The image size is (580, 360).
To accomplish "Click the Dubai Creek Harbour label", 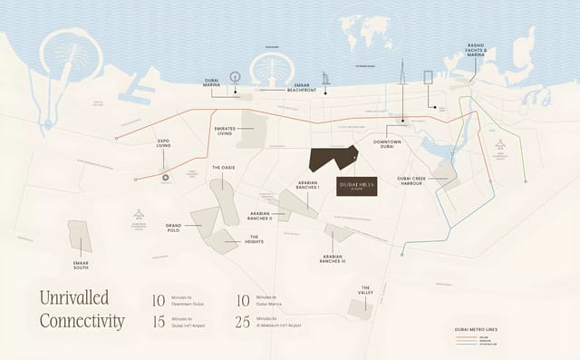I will coord(419,180).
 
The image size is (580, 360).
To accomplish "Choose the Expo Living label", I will coord(164,144).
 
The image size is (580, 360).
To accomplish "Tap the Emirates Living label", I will coord(222,132).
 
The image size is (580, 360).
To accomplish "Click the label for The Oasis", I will coord(224,168).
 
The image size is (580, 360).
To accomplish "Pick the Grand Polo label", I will coord(173,226).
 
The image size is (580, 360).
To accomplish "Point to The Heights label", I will coord(255,241).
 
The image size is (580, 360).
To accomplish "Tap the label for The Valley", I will coord(365,292).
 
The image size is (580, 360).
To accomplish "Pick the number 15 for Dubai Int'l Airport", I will coord(159,321).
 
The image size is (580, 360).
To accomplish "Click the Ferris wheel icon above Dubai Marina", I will coord(235,77).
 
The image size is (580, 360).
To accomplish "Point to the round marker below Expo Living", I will coord(165,178).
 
